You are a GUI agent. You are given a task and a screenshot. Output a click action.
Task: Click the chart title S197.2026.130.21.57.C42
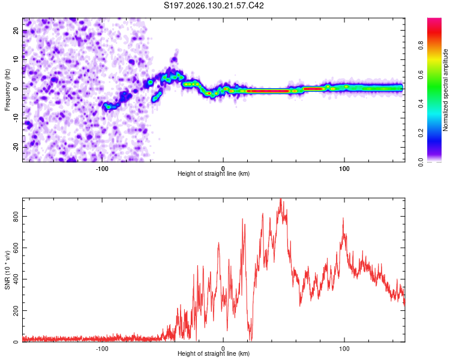click(x=214, y=5)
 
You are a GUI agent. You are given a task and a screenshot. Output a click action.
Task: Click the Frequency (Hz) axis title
click(x=7, y=90)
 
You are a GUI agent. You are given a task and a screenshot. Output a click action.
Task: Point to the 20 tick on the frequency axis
click(x=16, y=31)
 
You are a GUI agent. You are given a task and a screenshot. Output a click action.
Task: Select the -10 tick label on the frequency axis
click(x=16, y=118)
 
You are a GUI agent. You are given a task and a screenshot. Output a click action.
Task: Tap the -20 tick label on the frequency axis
click(x=16, y=147)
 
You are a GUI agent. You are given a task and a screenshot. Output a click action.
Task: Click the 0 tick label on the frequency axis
click(x=16, y=89)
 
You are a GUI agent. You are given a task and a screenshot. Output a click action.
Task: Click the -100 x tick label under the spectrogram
click(x=102, y=169)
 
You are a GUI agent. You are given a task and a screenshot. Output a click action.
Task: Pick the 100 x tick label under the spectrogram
click(x=344, y=169)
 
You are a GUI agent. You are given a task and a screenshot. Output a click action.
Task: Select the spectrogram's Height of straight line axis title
click(x=214, y=173)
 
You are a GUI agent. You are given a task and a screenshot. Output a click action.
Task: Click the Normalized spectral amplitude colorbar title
click(x=445, y=90)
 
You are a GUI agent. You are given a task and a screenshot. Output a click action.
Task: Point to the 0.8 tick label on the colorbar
click(x=421, y=46)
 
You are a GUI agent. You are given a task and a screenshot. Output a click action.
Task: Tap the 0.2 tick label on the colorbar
click(x=421, y=133)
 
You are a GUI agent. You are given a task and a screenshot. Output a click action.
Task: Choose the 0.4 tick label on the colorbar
click(x=421, y=104)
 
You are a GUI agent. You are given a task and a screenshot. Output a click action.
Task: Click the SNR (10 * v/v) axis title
click(x=7, y=270)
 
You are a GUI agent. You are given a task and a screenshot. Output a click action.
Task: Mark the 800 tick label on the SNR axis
click(x=16, y=217)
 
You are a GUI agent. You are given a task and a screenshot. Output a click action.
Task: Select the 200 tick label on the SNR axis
click(x=16, y=311)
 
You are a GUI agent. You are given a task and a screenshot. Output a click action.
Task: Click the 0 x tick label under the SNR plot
click(x=223, y=349)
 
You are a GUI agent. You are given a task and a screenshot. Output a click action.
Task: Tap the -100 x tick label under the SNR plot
click(x=102, y=349)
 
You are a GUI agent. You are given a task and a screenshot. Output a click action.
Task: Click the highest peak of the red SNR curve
click(x=280, y=199)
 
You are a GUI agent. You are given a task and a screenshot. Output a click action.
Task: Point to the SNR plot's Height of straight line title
click(x=214, y=353)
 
